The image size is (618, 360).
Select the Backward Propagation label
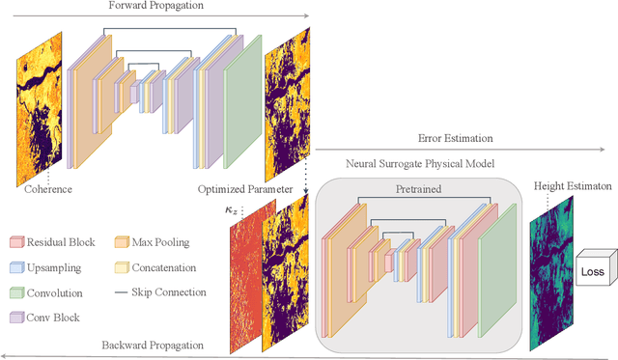tap(154, 345)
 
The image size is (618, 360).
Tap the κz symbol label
tap(220, 208)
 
